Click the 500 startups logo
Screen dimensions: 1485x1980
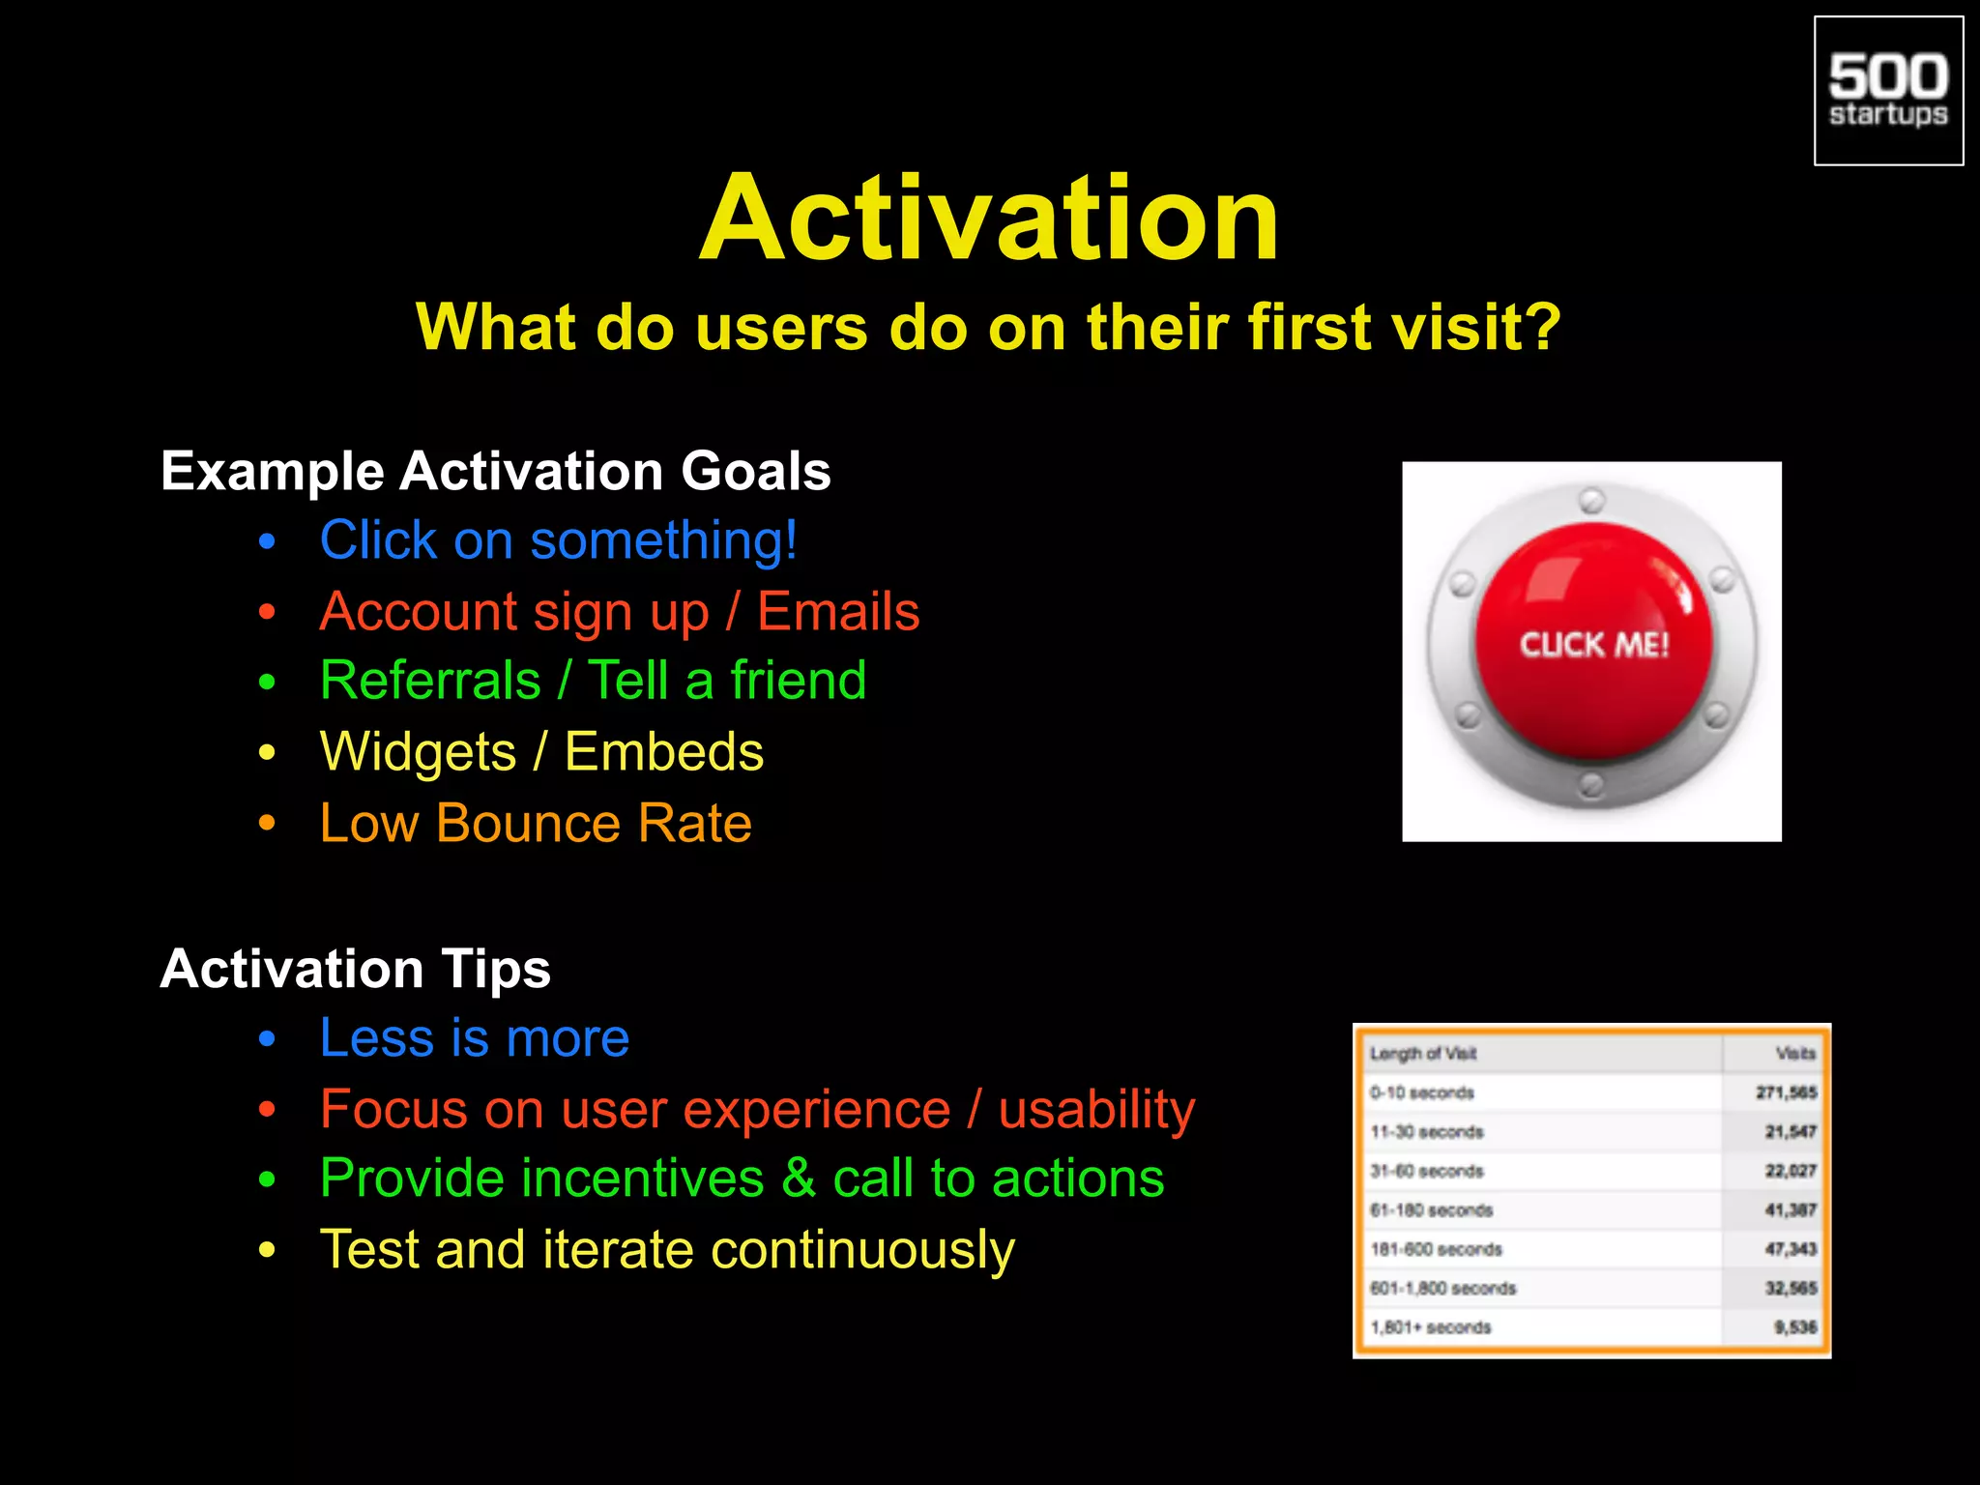tap(1888, 91)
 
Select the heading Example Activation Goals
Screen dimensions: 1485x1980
tap(495, 471)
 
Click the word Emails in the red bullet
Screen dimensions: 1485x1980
tap(838, 612)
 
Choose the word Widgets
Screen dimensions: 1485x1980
tap(418, 752)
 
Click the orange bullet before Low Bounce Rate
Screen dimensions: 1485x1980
tap(268, 824)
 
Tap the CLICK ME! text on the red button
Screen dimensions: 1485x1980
tap(1593, 645)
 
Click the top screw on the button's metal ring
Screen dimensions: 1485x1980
tap(1591, 501)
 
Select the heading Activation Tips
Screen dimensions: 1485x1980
tap(355, 969)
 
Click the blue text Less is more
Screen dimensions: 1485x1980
tap(474, 1038)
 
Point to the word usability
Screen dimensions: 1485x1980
tap(1096, 1109)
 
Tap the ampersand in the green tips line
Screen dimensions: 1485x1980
tap(799, 1179)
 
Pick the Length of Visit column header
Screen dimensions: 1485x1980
tap(1422, 1054)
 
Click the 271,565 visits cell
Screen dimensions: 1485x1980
tap(1786, 1092)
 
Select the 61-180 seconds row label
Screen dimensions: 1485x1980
tap(1431, 1210)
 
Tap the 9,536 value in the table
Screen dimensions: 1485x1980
tap(1794, 1327)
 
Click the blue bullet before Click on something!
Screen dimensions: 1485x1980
tap(268, 541)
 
